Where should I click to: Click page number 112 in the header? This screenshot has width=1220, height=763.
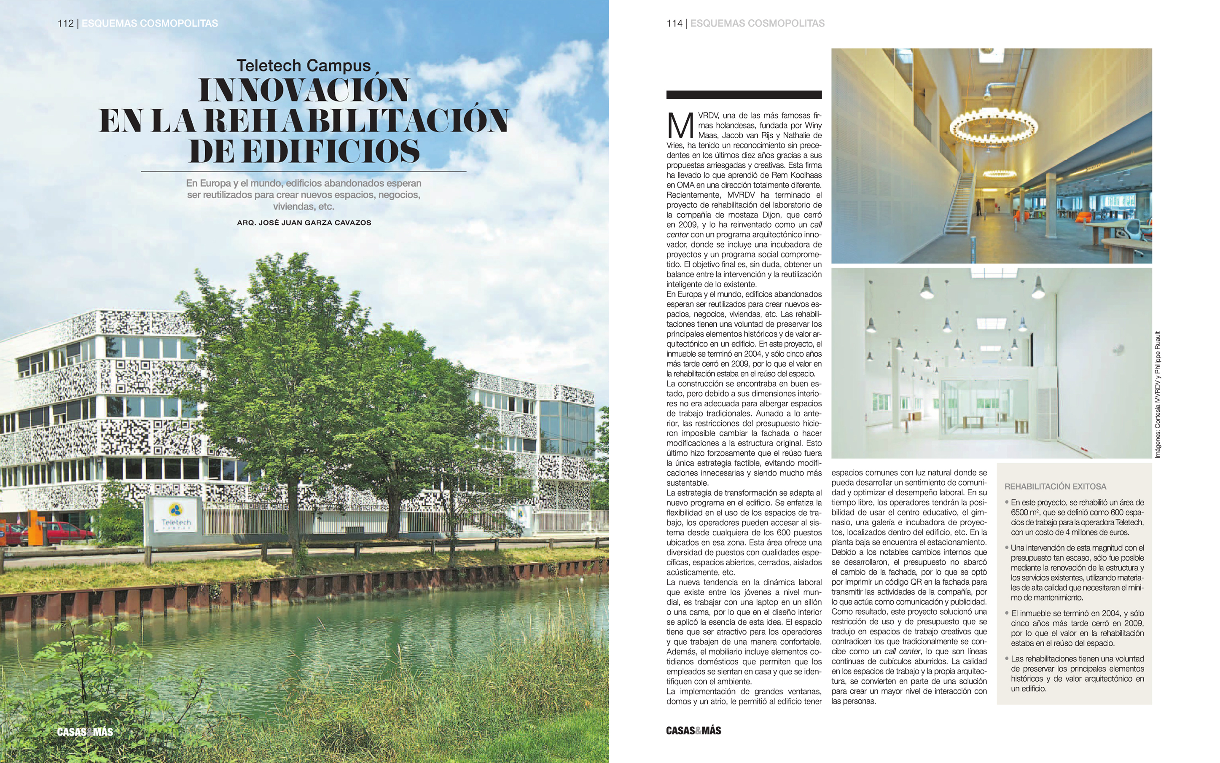coord(66,23)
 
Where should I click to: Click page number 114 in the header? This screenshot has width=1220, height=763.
coord(674,23)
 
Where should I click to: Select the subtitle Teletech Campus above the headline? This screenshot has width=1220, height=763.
coord(304,66)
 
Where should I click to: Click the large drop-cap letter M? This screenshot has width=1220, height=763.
coord(680,126)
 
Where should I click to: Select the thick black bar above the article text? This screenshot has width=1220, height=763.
coord(744,94)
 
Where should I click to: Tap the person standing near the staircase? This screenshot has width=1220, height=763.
coord(978,207)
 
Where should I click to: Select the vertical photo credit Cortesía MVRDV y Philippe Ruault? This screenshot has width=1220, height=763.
coord(1158,395)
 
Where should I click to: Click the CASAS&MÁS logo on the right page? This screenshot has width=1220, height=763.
coord(693,730)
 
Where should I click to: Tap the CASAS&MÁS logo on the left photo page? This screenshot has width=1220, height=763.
coord(85,732)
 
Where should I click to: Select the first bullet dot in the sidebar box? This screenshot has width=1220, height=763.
coord(1007,502)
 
